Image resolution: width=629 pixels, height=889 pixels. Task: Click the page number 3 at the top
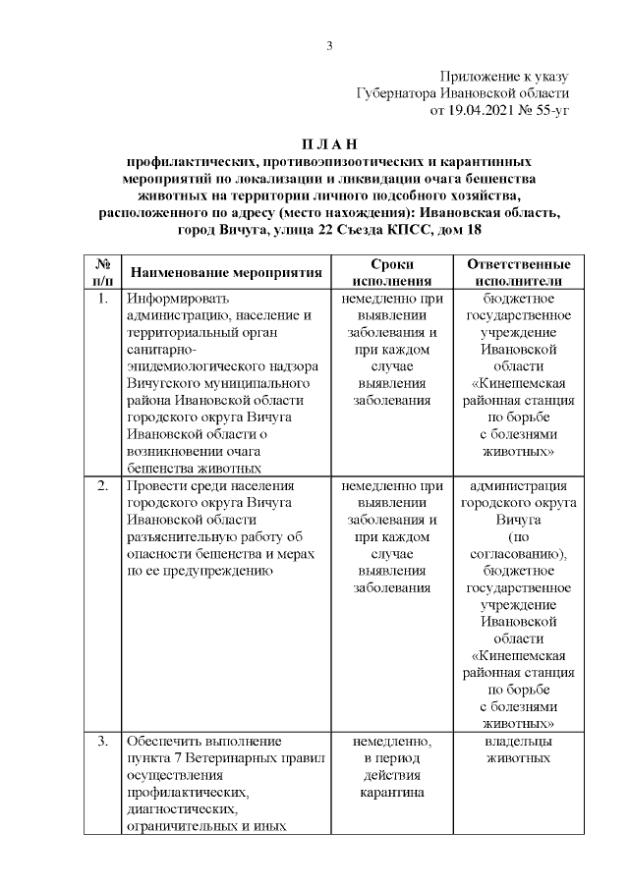[330, 45]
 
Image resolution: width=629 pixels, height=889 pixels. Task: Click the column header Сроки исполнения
[392, 272]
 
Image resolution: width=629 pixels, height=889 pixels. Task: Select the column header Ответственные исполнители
[519, 272]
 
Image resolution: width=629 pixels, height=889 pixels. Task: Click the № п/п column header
[101, 272]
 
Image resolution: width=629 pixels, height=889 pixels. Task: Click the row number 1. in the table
[102, 298]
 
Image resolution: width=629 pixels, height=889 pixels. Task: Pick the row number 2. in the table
[102, 485]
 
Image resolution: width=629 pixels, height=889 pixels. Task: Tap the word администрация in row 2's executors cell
[518, 485]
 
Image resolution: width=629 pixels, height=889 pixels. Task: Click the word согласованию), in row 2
[518, 553]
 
